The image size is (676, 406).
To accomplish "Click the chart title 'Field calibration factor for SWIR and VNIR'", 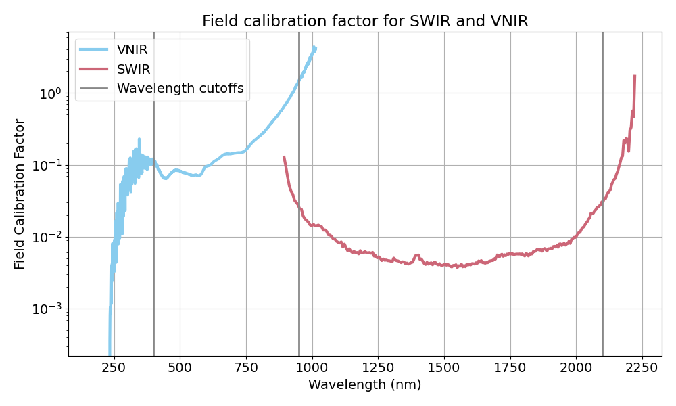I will (x=365, y=21).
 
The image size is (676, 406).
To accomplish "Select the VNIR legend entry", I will (x=132, y=49).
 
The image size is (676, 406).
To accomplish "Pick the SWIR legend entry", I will (x=134, y=69).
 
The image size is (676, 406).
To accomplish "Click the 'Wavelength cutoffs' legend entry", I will (x=180, y=89).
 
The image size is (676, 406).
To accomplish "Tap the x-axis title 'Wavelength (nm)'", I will (x=364, y=385).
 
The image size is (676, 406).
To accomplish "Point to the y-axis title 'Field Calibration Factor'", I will (x=20, y=194).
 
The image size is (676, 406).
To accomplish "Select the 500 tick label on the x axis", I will (x=180, y=367).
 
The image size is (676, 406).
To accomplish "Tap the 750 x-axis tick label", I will (x=246, y=367).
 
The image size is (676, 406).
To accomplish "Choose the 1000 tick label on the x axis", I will (x=312, y=367).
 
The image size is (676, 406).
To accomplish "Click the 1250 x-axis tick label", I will (x=378, y=367).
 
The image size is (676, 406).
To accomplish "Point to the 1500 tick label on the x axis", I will (x=444, y=367).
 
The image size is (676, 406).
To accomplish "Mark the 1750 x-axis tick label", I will (x=510, y=367).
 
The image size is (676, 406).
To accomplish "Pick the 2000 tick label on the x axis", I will (x=576, y=367).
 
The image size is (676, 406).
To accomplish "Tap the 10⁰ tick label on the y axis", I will (x=49, y=93).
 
